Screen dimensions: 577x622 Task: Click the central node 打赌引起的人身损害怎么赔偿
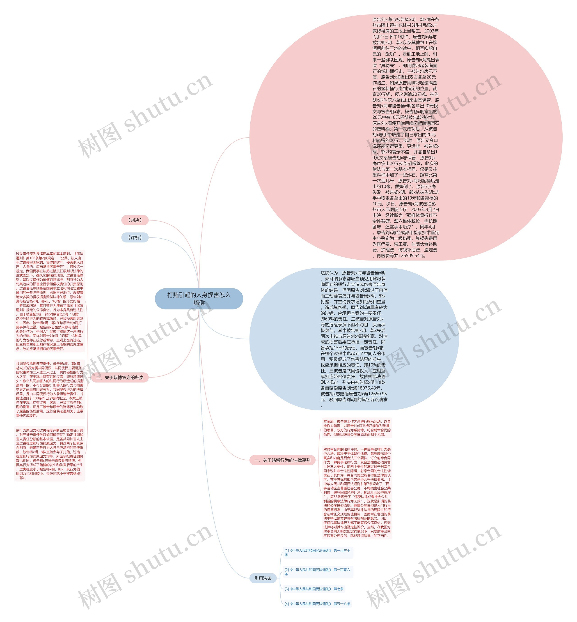click(199, 298)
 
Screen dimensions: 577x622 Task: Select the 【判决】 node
click(135, 220)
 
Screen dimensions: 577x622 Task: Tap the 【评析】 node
click(135, 237)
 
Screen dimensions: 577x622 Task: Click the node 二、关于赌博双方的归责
click(120, 377)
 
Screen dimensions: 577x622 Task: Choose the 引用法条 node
click(263, 578)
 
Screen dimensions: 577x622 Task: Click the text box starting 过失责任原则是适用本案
click(50, 301)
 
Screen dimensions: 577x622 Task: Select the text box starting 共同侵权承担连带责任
click(50, 389)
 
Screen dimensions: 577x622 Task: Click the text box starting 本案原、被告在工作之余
click(357, 428)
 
